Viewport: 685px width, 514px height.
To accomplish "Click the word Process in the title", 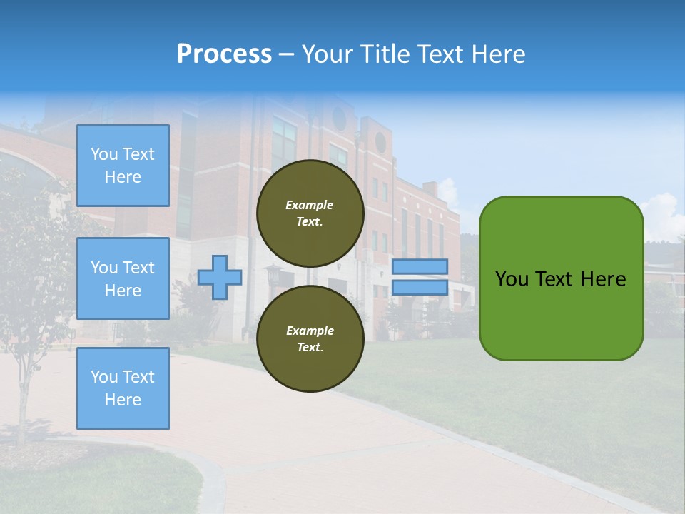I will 224,54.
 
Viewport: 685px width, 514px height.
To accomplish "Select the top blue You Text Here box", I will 123,166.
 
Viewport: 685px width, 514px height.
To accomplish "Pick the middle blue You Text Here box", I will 123,278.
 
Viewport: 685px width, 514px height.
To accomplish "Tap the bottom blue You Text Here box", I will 123,388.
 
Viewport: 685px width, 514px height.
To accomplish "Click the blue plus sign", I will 220,277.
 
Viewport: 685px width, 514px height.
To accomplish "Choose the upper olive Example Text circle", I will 310,213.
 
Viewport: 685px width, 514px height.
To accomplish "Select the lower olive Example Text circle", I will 310,339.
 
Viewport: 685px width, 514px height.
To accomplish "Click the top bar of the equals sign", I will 420,267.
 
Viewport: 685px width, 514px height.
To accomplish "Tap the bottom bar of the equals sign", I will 420,288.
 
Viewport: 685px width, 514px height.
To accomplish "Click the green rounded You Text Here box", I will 561,278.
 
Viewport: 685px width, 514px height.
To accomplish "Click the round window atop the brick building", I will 380,143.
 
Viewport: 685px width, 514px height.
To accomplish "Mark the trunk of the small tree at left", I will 24,400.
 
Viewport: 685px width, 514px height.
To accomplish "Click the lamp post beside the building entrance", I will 273,275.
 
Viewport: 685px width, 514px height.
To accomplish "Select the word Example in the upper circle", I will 310,205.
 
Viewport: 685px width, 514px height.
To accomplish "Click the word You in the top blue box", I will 104,154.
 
